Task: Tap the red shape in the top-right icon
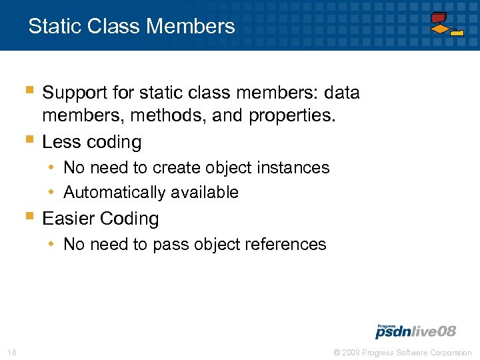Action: coord(438,17)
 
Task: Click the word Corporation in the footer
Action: coord(449,353)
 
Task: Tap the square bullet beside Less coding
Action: coord(29,140)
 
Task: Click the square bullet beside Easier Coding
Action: coord(29,216)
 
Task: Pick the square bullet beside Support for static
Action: coord(29,89)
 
